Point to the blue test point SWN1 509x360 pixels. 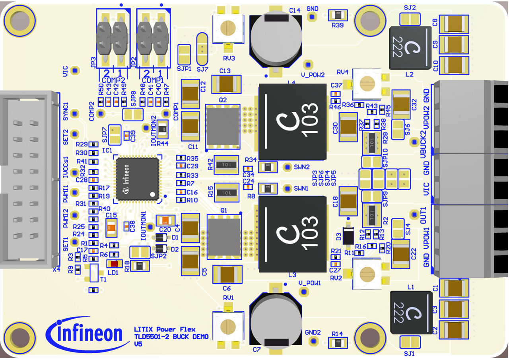point(286,188)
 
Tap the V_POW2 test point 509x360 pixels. point(307,64)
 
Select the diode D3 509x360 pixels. point(348,235)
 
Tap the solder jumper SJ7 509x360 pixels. point(202,49)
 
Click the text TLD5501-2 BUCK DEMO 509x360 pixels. point(171,337)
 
